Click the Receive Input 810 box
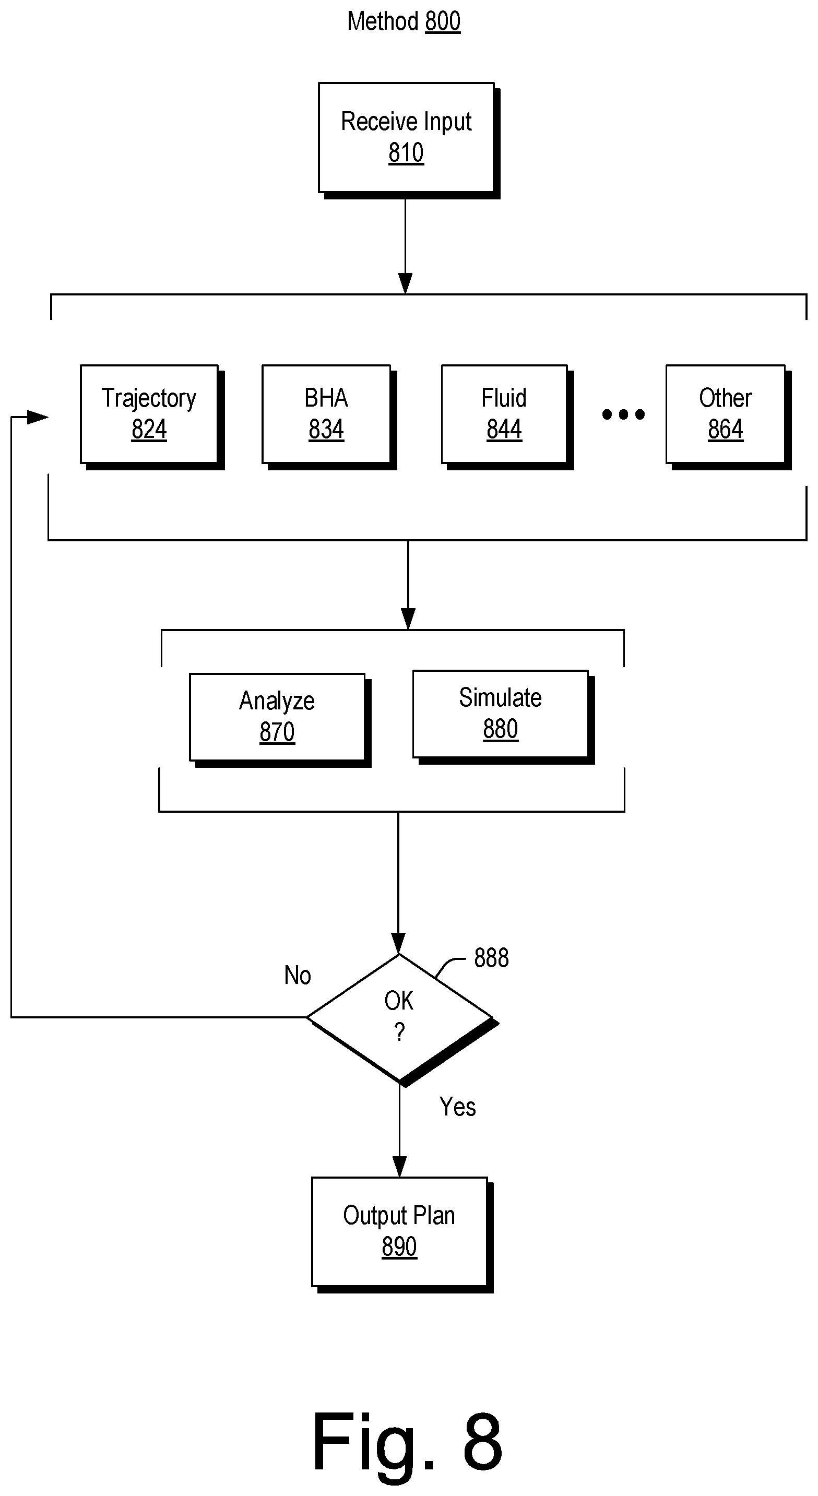409,140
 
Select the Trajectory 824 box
152,417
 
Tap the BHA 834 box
329,417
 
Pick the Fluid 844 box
507,417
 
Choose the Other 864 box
729,417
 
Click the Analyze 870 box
280,720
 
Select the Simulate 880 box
503,717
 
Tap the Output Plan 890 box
402,1234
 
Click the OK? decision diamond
402,1020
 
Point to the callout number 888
491,958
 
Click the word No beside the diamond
298,975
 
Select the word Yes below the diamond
457,1107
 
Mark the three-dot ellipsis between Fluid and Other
623,414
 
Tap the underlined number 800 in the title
443,21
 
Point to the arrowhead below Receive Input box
405,283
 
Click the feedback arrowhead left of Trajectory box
38,417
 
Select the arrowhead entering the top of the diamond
398,943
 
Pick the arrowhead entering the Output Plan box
400,1166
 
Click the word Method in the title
383,21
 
